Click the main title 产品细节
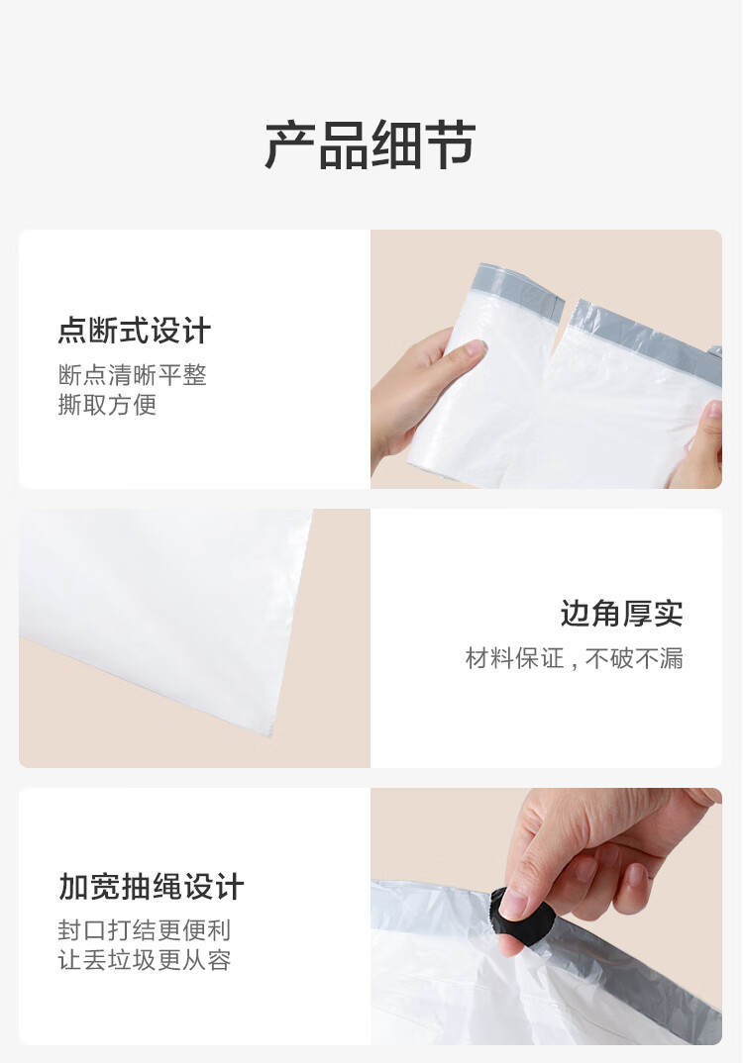pyautogui.click(x=370, y=145)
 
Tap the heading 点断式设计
pyautogui.click(x=135, y=331)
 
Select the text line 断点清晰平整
pyautogui.click(x=133, y=375)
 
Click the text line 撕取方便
pyautogui.click(x=107, y=405)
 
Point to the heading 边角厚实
pyautogui.click(x=621, y=614)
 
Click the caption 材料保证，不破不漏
pyautogui.click(x=574, y=658)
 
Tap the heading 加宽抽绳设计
pyautogui.click(x=152, y=887)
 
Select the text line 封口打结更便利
pyautogui.click(x=145, y=930)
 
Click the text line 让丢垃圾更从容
pyautogui.click(x=145, y=960)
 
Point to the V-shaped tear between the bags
pyautogui.click(x=563, y=333)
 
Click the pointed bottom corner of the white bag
pyautogui.click(x=272, y=732)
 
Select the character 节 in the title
pyautogui.click(x=451, y=145)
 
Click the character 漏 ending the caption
pyautogui.click(x=671, y=658)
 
